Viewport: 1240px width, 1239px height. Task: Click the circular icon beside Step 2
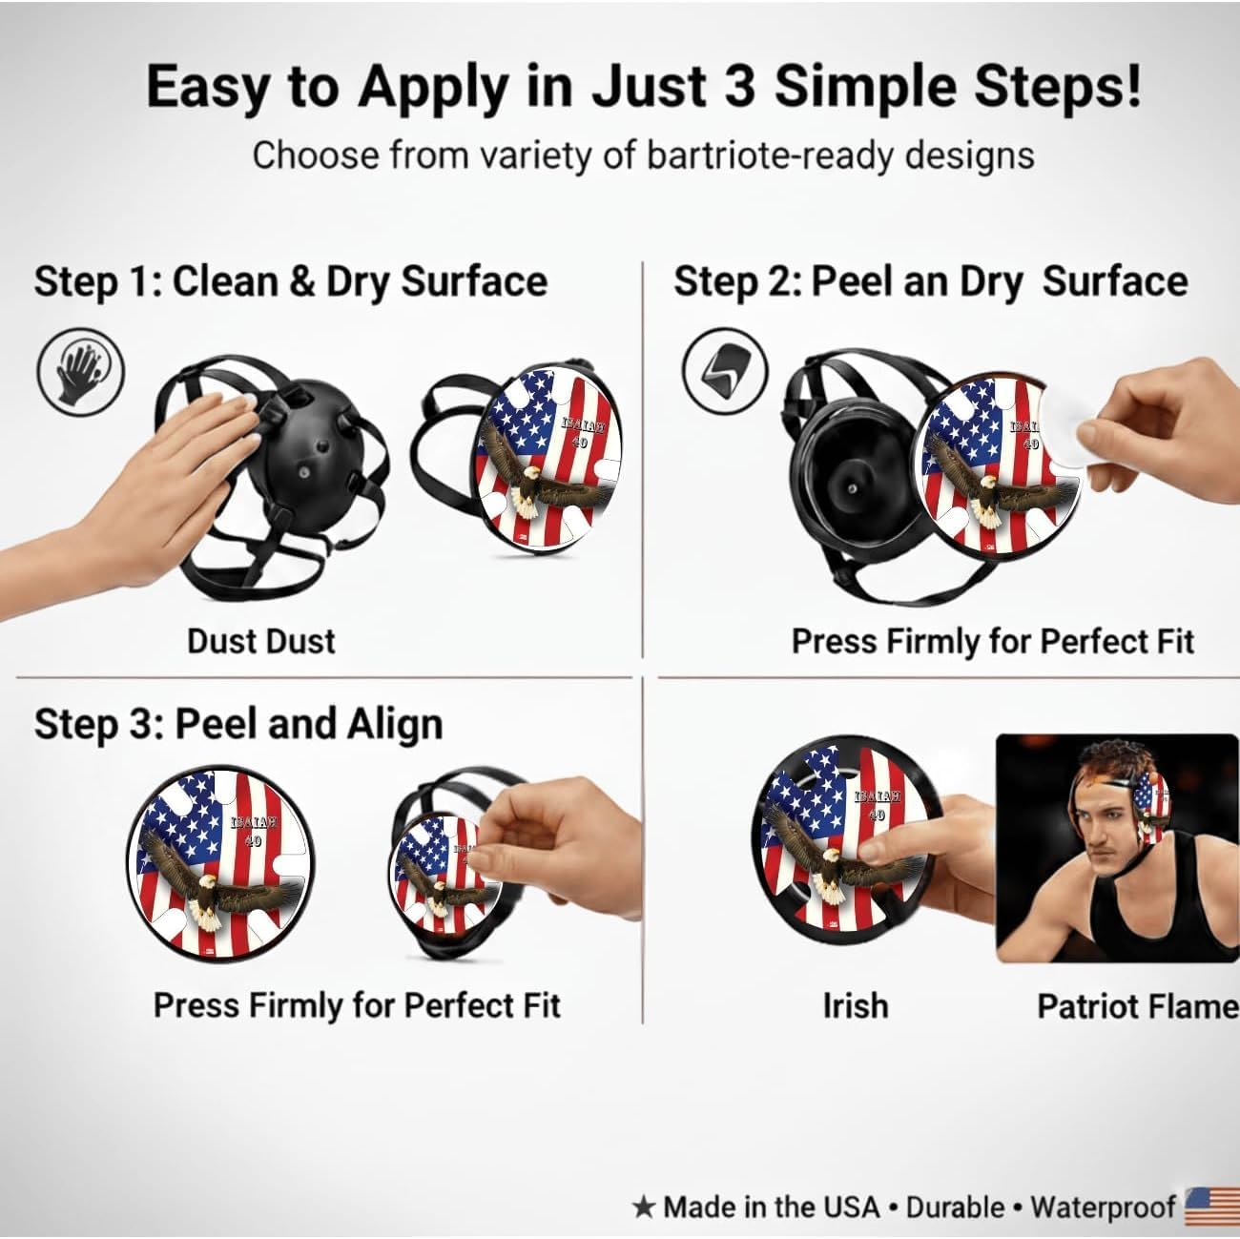pos(725,371)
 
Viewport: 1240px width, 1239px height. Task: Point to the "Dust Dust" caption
pos(261,642)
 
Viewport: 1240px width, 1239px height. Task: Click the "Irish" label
pos(856,1005)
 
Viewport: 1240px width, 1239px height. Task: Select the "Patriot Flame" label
pos(1138,1005)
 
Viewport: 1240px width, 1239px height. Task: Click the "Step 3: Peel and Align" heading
pos(238,725)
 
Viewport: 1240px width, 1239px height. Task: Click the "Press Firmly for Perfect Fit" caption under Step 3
pos(357,1005)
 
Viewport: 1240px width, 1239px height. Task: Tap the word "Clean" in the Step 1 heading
pos(226,281)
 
